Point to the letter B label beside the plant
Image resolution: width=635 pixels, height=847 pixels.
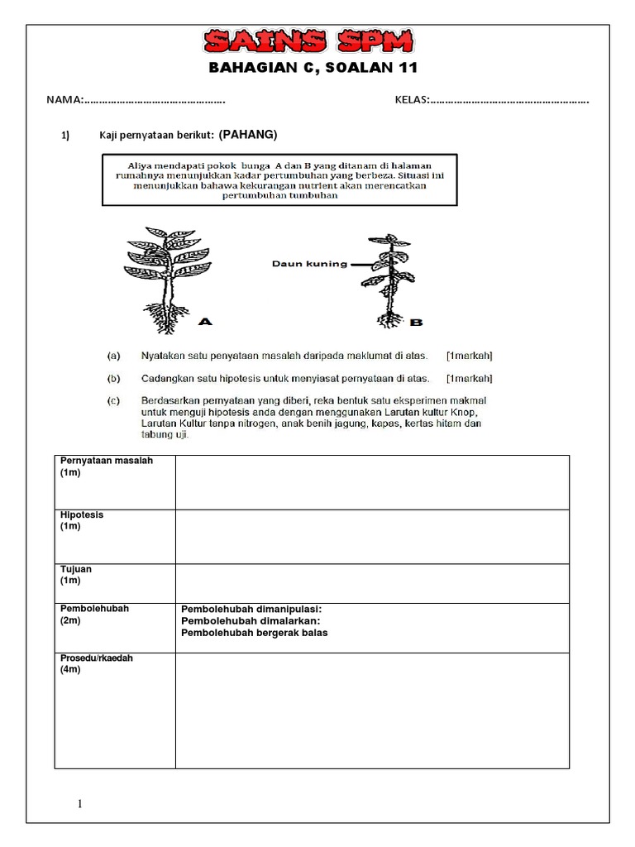[x=416, y=323]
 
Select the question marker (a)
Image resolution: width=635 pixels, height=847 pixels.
[x=114, y=356]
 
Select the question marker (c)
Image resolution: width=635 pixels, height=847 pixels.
[x=114, y=400]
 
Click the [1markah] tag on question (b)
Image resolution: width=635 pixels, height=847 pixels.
[x=469, y=378]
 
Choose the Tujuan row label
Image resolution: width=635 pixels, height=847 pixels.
[x=76, y=569]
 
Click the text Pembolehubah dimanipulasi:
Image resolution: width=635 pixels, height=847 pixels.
[x=251, y=609]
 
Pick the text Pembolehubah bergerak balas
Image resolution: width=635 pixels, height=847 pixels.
[x=255, y=633]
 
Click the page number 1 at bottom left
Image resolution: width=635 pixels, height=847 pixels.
[x=80, y=803]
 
